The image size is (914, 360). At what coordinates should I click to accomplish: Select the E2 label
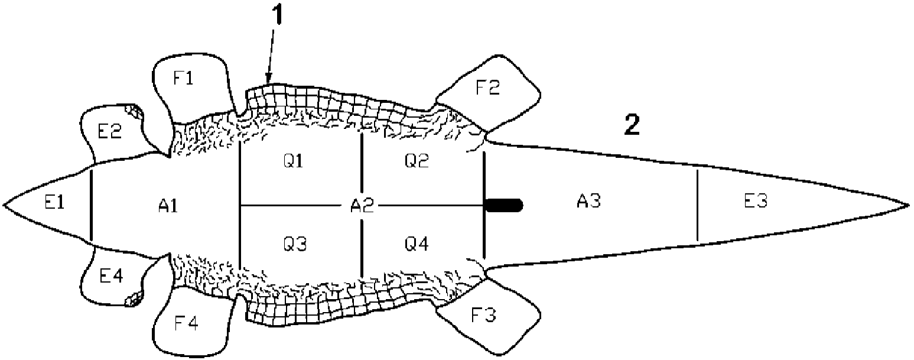[109, 132]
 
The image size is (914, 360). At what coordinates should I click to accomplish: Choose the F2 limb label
[487, 87]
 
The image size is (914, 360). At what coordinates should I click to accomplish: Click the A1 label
[168, 205]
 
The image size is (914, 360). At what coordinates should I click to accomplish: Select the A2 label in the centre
[361, 205]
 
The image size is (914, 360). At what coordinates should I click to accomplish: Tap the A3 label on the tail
[588, 202]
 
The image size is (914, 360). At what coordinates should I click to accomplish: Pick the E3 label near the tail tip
[756, 202]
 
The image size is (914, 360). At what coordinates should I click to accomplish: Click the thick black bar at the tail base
[503, 205]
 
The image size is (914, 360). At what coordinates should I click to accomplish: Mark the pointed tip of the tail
[908, 205]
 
